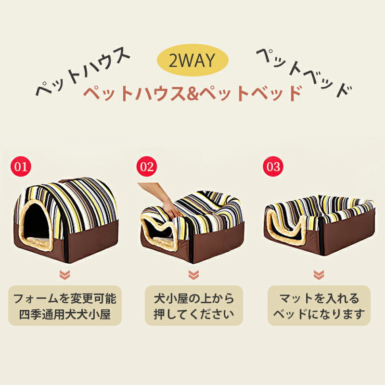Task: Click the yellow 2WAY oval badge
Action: pyautogui.click(x=192, y=60)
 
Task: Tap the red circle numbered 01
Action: pyautogui.click(x=21, y=167)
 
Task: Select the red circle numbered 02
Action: pyautogui.click(x=147, y=167)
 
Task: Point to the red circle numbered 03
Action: pyautogui.click(x=273, y=167)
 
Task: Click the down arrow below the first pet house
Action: pyautogui.click(x=65, y=275)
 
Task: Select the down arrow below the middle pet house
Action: pyautogui.click(x=193, y=275)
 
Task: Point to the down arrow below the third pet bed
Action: pyautogui.click(x=319, y=275)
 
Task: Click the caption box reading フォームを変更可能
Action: pyautogui.click(x=65, y=306)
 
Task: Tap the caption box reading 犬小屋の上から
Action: pyautogui.click(x=194, y=306)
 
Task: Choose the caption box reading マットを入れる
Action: pyautogui.click(x=319, y=306)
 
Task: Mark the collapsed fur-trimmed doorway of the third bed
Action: pyautogui.click(x=286, y=228)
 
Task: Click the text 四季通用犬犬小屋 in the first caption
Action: pyautogui.click(x=65, y=315)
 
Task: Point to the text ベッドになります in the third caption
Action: pyautogui.click(x=319, y=315)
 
